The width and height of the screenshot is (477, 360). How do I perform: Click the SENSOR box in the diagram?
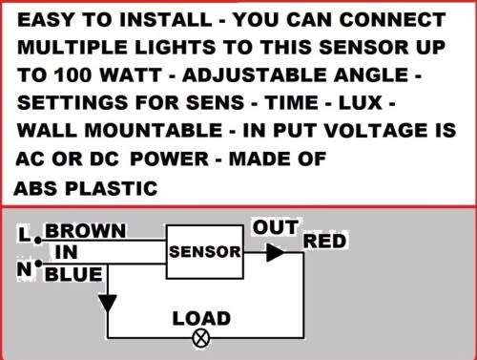[x=203, y=252]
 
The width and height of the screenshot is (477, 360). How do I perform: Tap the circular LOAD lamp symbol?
[x=201, y=337]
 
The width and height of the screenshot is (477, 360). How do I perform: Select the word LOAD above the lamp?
[x=200, y=318]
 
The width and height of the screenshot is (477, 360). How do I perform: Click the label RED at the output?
[x=324, y=242]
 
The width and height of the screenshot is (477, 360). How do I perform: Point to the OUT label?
[x=276, y=228]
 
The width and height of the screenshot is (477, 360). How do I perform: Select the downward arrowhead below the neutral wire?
[x=108, y=304]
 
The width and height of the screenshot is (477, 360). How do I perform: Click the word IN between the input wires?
[x=66, y=253]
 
